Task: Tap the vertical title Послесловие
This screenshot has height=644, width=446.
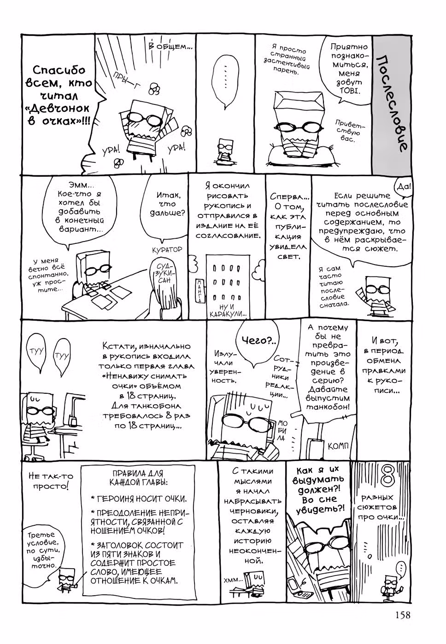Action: point(392,103)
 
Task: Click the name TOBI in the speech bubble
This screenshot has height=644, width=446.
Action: point(349,91)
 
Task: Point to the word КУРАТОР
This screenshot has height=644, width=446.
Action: point(167,249)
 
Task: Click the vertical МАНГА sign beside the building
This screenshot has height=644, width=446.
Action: point(199,291)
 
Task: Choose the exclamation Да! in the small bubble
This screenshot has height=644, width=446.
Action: point(404,187)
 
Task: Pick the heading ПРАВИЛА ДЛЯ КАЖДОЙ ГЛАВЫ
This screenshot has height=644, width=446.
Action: point(139,478)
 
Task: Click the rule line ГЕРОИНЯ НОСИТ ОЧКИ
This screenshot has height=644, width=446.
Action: point(139,499)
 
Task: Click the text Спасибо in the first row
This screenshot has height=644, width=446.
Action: point(59,70)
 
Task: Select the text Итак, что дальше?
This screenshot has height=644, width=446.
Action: point(167,204)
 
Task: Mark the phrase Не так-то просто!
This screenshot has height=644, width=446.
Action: point(51,481)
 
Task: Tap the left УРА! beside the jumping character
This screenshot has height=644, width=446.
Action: point(111,150)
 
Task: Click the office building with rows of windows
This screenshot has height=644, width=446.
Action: point(228,286)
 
